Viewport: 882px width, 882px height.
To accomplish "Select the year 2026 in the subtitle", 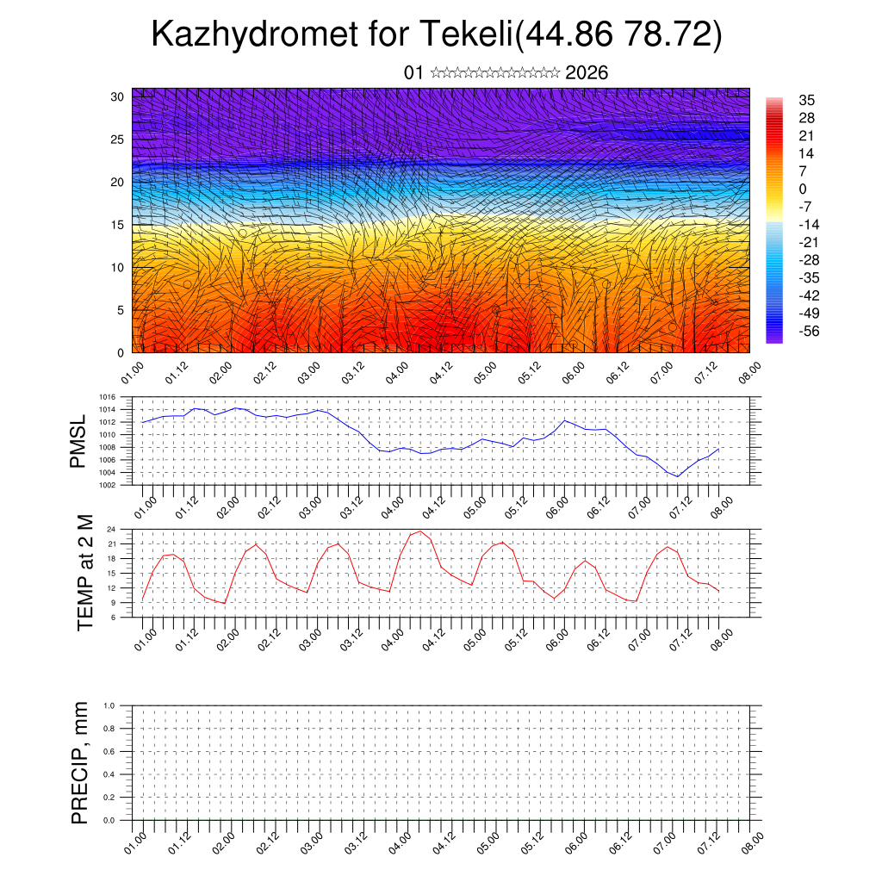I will [587, 73].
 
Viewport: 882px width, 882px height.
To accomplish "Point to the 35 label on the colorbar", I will [807, 100].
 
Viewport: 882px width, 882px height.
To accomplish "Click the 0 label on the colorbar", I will [803, 189].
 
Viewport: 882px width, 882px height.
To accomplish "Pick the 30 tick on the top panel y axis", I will [118, 96].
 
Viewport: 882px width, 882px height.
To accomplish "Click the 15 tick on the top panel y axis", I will [118, 225].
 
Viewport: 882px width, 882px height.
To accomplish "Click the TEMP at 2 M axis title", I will [84, 572].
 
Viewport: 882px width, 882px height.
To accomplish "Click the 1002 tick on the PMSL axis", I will [108, 485].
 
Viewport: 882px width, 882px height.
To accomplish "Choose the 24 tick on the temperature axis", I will [112, 529].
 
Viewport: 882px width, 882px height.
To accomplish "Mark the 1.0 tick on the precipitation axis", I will [109, 705].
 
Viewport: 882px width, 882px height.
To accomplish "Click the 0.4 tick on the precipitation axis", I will [109, 774].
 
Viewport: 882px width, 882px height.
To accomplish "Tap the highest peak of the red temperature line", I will [419, 531].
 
